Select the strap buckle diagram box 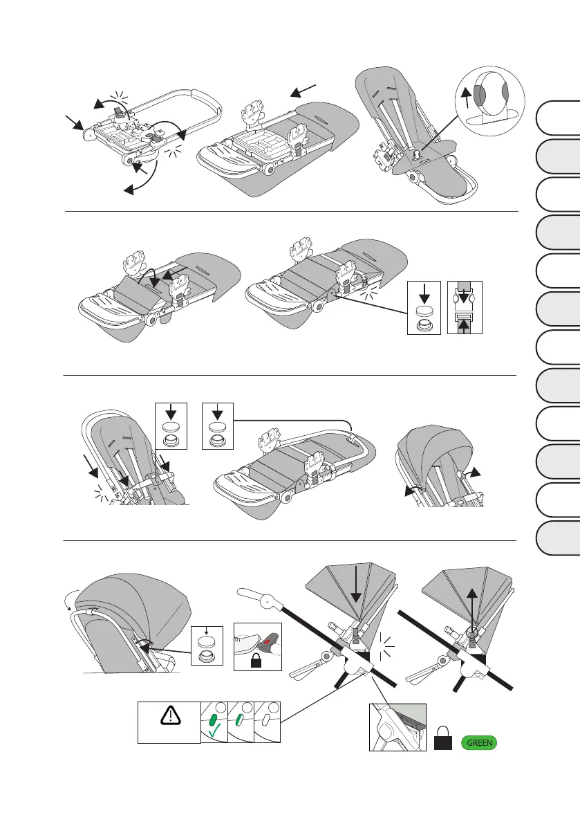(x=465, y=309)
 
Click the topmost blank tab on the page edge (x=559, y=118)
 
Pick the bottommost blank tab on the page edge (x=559, y=538)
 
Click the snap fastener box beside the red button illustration (x=207, y=648)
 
